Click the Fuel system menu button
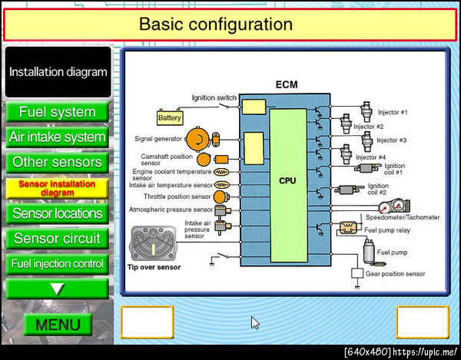coord(58,112)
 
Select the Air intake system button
coord(58,137)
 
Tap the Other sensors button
coord(58,163)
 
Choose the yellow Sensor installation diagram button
coord(58,188)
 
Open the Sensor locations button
coord(58,213)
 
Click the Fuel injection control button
coord(58,263)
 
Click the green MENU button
coord(58,324)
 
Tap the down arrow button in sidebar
coord(58,289)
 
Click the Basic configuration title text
coord(216,24)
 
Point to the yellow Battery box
coord(170,118)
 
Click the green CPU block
coord(287,181)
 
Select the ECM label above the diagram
coord(286,85)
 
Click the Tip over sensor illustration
coord(154,243)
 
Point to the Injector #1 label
coord(392,112)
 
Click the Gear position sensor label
coord(394,274)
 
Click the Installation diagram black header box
coord(58,72)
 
